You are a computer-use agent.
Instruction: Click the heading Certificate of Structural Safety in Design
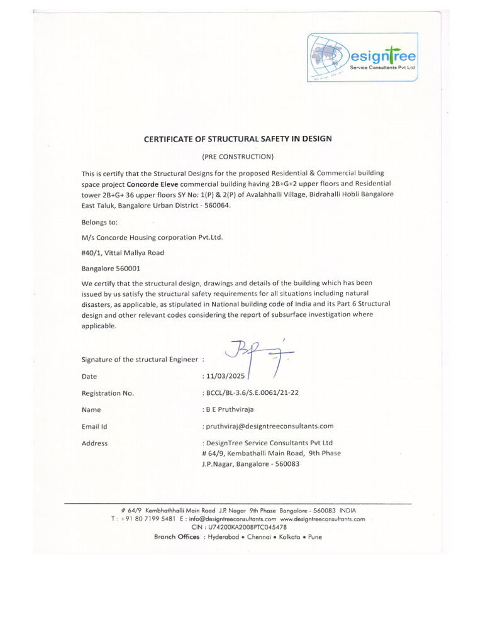238,138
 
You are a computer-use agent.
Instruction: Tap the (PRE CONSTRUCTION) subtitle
238,156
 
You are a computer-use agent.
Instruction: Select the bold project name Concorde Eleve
153,184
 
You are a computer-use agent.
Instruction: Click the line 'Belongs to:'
99,221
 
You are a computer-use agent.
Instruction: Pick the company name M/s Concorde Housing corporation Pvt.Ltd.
152,237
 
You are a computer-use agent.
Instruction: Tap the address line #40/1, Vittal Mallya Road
123,253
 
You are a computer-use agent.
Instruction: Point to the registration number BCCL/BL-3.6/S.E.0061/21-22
250,393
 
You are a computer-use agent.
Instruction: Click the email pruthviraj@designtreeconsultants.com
267,426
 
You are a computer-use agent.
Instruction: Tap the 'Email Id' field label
95,426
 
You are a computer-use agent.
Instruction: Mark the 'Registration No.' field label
108,393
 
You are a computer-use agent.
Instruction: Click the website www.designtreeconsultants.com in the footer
323,519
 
